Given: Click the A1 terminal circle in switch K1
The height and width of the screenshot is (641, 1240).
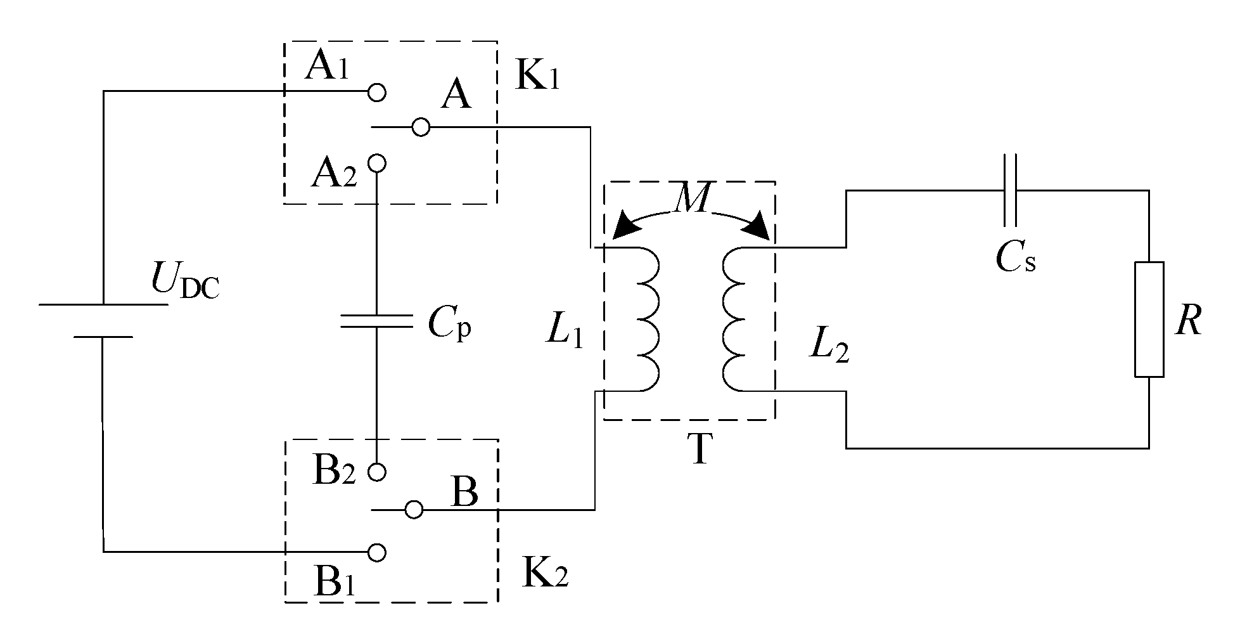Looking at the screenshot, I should [x=377, y=92].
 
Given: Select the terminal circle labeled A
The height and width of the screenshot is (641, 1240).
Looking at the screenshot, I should [x=421, y=127].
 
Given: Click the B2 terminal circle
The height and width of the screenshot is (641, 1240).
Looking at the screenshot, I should [x=377, y=472].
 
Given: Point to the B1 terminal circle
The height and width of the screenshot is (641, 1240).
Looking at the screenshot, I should [x=377, y=552].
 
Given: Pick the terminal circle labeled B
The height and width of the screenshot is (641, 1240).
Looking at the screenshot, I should [x=414, y=509].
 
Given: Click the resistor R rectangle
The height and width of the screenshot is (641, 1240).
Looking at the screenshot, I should [x=1149, y=320].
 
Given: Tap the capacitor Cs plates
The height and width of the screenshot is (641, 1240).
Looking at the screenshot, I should [x=1011, y=190].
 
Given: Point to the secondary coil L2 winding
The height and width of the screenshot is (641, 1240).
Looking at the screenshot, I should [x=735, y=319].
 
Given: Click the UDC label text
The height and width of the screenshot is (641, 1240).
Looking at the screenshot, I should [x=184, y=281].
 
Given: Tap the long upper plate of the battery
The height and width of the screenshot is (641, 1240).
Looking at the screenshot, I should [x=103, y=305].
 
